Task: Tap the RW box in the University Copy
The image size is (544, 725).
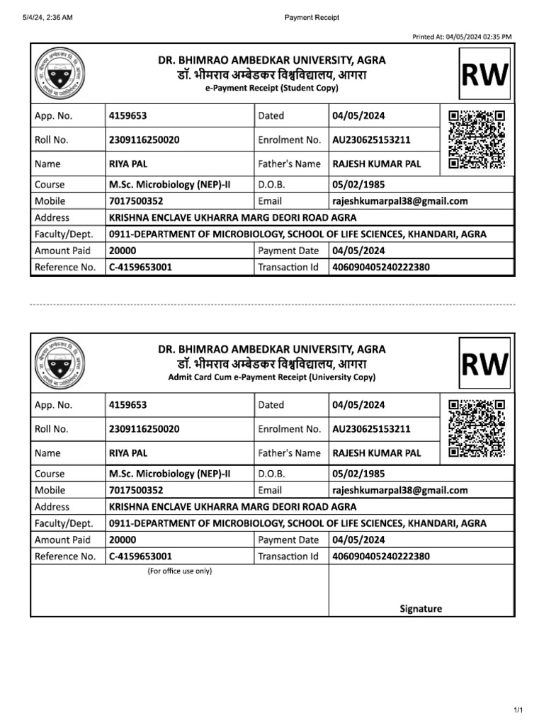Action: pos(484,363)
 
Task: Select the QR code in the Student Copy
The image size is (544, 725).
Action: pos(477,139)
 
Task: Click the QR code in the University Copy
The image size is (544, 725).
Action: pos(477,428)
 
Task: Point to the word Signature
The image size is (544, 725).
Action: pos(421,608)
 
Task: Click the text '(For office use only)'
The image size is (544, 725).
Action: pos(179,571)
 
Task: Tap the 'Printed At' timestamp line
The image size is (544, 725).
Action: pos(461,37)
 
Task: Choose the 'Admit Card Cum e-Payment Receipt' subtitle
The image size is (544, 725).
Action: pos(272,377)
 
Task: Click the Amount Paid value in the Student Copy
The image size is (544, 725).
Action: pos(123,250)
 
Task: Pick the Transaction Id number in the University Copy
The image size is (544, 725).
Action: pos(380,556)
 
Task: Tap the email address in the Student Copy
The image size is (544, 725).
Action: pos(400,201)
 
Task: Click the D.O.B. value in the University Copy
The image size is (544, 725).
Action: pos(358,474)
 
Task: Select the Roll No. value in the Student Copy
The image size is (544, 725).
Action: pos(144,139)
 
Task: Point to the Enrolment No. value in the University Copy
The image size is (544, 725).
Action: pos(371,429)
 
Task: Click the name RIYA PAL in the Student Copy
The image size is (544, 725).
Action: pos(128,164)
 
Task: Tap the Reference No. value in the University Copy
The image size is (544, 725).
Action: pos(140,556)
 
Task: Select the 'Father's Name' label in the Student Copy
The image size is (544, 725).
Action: pos(289,164)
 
